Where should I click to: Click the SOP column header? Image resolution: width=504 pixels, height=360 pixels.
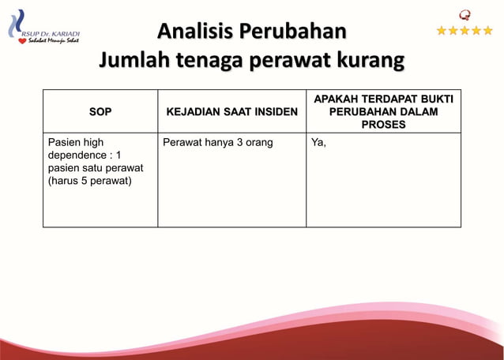pyautogui.click(x=100, y=112)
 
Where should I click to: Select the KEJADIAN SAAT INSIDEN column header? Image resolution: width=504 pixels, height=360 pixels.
pyautogui.click(x=231, y=112)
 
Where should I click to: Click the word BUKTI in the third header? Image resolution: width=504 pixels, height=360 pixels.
pyautogui.click(x=434, y=99)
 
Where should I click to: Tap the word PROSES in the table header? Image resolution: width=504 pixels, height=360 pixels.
pyautogui.click(x=383, y=125)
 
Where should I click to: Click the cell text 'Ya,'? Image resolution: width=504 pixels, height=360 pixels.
pyautogui.click(x=319, y=143)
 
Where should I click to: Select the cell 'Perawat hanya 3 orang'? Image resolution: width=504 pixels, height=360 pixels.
pyautogui.click(x=217, y=143)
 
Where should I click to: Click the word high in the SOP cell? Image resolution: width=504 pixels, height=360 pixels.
pyautogui.click(x=91, y=143)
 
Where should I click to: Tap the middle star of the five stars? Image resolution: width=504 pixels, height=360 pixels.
pyautogui.click(x=465, y=31)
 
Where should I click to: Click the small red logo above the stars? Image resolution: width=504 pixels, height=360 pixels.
pyautogui.click(x=465, y=13)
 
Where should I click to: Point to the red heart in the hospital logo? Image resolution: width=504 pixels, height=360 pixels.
pyautogui.click(x=22, y=41)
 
